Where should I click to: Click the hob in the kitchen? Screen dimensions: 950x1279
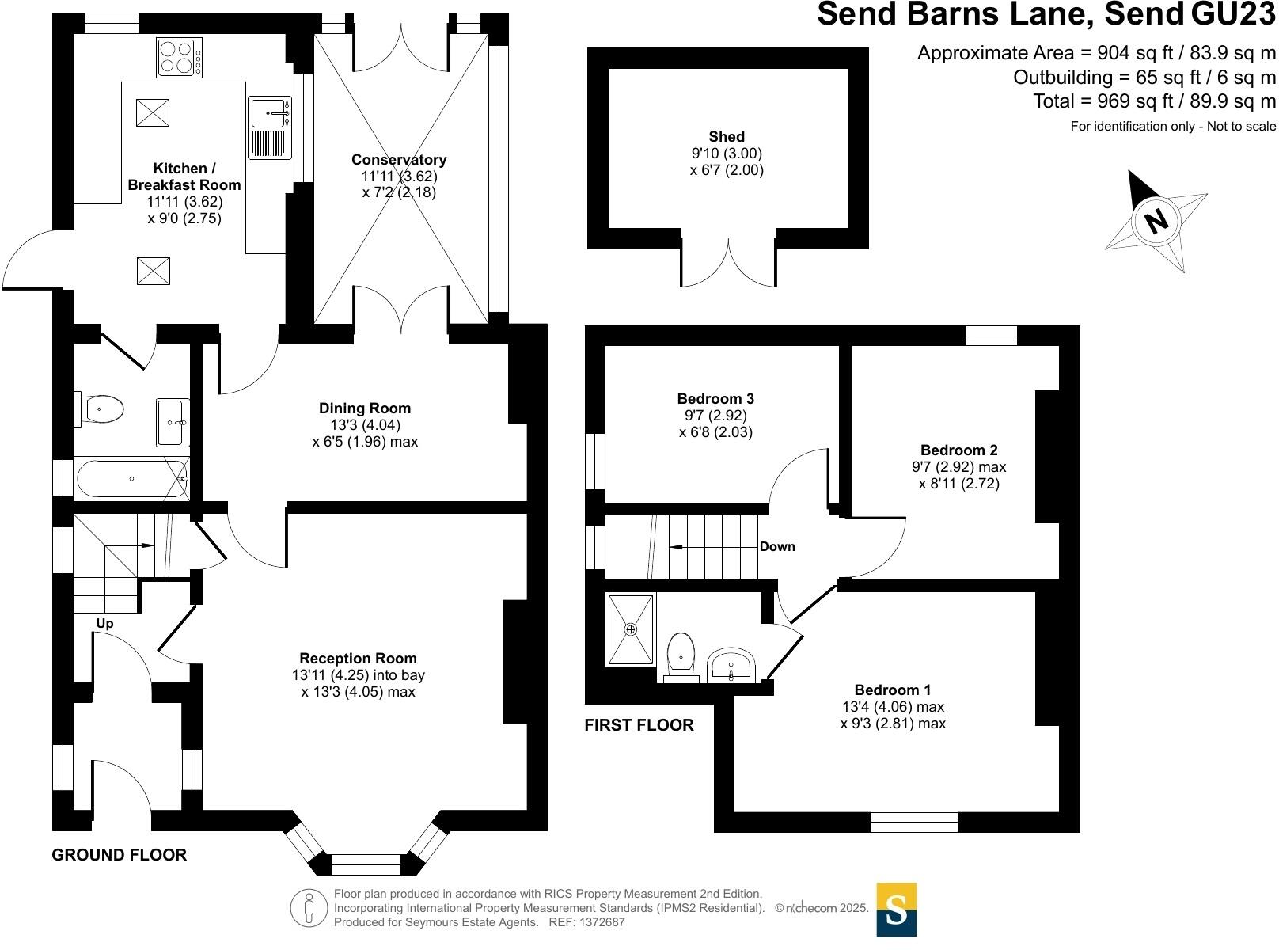point(179,57)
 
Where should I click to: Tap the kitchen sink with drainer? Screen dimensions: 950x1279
point(269,128)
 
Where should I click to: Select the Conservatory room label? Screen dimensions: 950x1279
point(399,160)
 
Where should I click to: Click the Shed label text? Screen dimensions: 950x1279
point(726,137)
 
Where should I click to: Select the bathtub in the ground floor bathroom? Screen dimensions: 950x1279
point(131,479)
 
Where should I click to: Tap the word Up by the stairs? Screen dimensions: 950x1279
point(104,624)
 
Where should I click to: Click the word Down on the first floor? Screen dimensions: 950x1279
point(777,547)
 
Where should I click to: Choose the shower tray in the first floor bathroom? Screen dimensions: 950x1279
point(631,629)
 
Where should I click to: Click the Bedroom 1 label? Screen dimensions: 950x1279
point(892,690)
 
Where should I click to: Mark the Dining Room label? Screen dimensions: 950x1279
point(365,408)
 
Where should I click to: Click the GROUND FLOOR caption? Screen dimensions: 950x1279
point(120,855)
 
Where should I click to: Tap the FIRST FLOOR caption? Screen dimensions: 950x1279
point(639,725)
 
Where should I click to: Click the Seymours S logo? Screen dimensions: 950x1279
point(896,910)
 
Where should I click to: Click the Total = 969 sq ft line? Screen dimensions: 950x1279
point(1154,101)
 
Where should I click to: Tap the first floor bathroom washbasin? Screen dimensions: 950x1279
point(731,665)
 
